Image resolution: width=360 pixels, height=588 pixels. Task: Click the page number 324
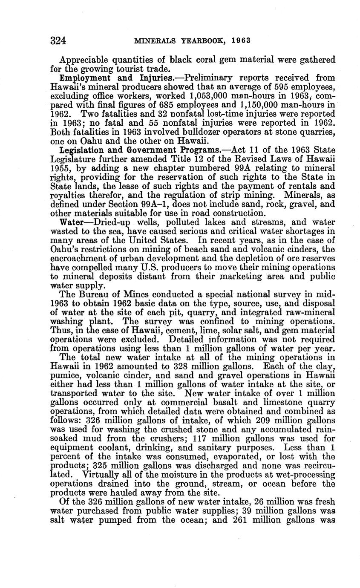58,41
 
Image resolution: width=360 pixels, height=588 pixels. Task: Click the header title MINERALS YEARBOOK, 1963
192,41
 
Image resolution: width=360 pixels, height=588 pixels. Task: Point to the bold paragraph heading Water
71,222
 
